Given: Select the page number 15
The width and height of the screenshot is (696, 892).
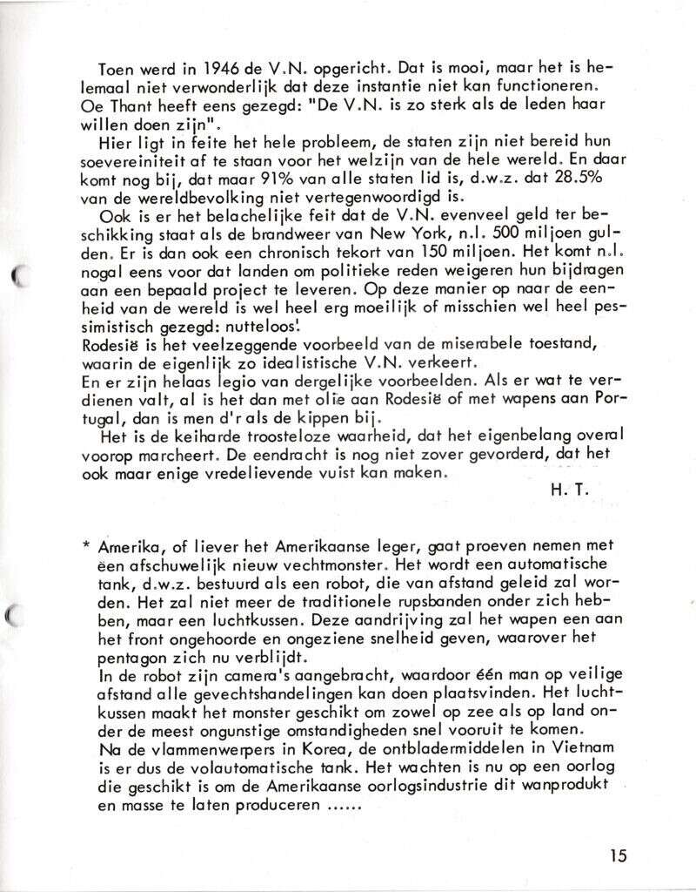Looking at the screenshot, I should pyautogui.click(x=618, y=855).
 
